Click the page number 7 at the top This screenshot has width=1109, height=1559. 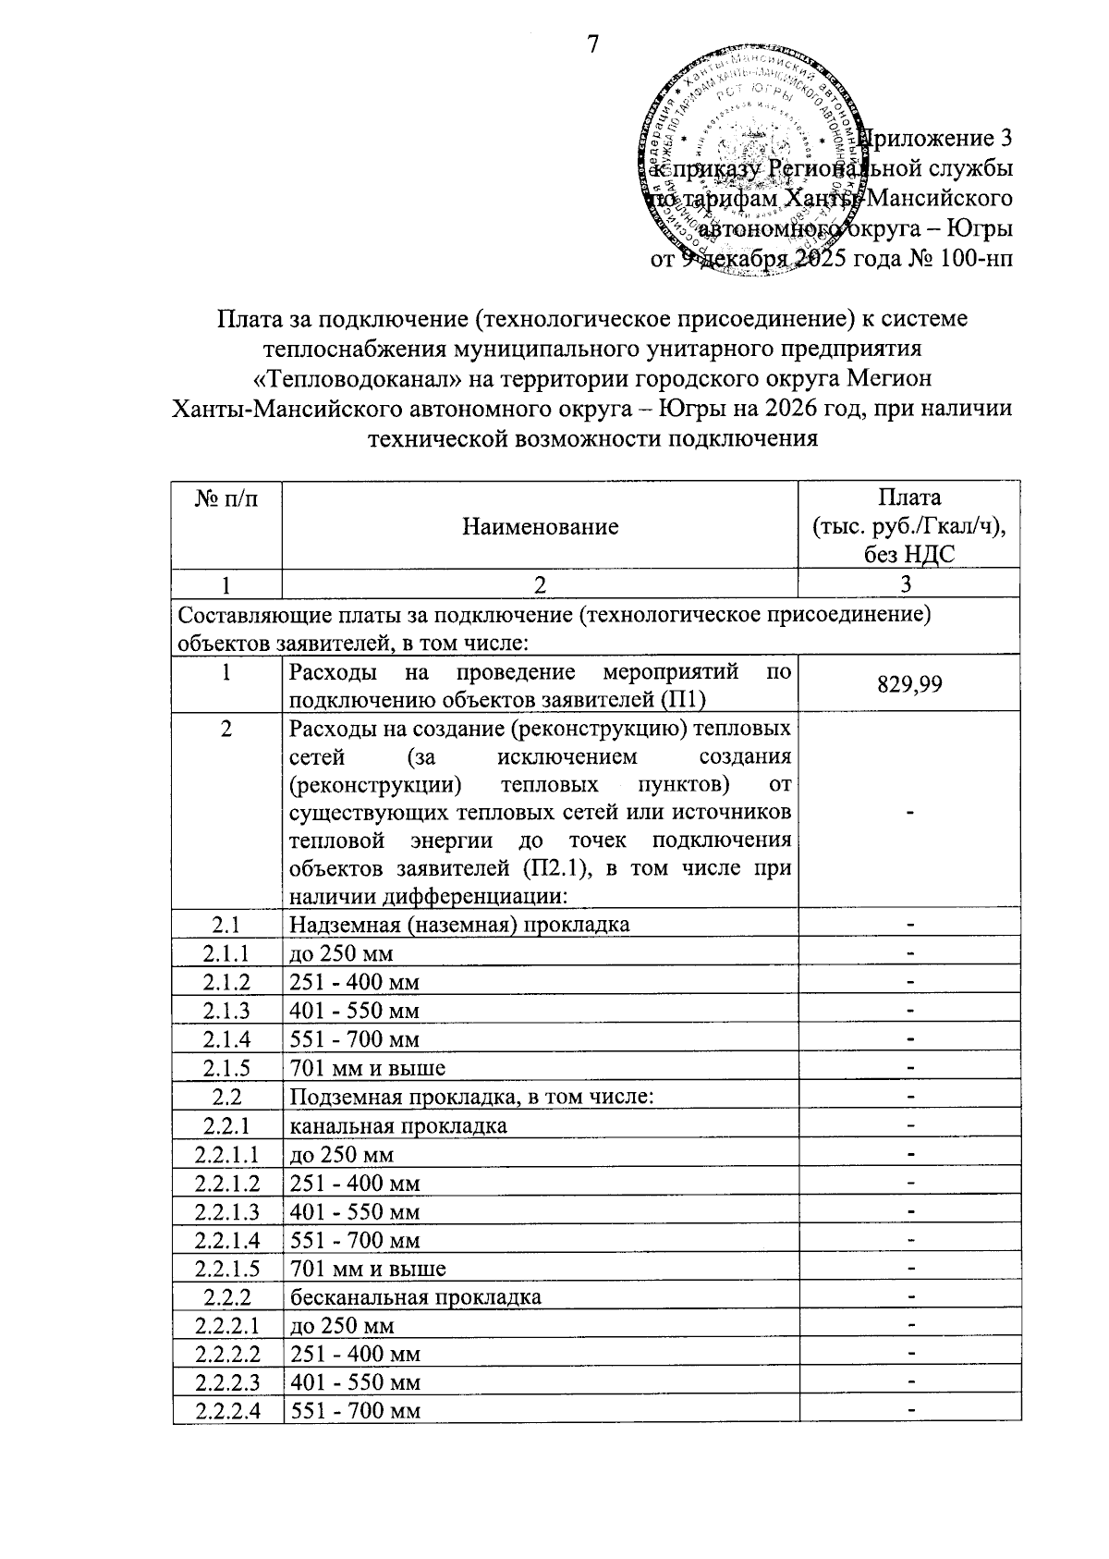[593, 43]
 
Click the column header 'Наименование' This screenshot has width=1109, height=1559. [540, 527]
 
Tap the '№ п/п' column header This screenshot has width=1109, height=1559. [226, 499]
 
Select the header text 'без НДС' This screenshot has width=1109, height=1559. [909, 554]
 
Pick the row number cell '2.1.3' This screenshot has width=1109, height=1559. [226, 1010]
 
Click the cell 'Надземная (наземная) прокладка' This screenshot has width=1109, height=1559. [459, 924]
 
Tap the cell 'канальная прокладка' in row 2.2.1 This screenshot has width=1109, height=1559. [398, 1125]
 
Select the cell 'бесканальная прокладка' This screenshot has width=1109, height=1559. [415, 1296]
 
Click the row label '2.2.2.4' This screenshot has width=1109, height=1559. [226, 1411]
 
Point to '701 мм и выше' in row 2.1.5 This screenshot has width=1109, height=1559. [368, 1068]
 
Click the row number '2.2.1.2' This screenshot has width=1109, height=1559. [226, 1183]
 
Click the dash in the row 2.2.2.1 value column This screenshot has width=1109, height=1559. [910, 1326]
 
